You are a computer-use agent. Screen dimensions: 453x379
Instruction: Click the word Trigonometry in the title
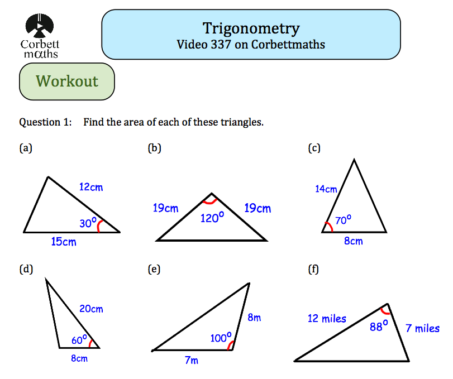coord(251,28)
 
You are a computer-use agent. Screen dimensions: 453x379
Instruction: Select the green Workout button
coord(67,81)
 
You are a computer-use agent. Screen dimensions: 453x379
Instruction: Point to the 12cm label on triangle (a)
coord(90,187)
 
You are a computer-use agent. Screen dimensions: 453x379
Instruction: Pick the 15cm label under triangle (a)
coord(63,242)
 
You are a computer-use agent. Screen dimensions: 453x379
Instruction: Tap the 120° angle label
coord(212,218)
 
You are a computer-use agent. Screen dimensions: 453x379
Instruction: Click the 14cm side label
coord(326,189)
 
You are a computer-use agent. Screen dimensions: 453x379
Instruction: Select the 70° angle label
coord(343,220)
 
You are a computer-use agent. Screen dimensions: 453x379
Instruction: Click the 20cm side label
coord(91,309)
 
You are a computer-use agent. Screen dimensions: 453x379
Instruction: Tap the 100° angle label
coord(220,338)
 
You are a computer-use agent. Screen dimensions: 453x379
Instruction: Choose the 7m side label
coord(191,361)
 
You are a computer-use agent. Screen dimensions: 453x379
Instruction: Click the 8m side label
coord(254,318)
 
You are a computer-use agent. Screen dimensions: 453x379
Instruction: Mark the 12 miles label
coord(327,319)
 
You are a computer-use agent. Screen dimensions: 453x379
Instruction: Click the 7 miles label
coord(422,328)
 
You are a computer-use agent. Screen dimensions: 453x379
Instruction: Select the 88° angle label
coord(378,327)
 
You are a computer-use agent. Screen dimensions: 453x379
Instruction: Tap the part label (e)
coord(154,270)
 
